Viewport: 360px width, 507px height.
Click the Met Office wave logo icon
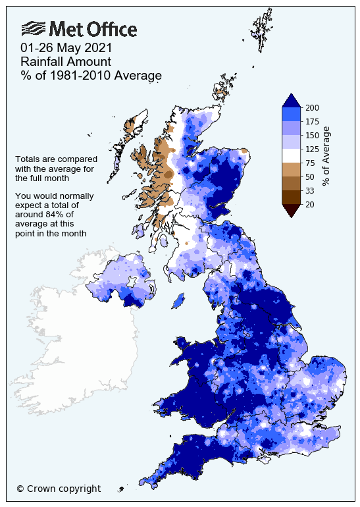tap(33, 28)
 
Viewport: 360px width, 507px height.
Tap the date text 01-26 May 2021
tap(66, 47)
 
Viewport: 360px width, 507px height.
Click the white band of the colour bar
tap(291, 155)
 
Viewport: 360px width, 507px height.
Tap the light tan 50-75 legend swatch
tap(291, 169)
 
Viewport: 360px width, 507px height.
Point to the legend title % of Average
tap(327, 155)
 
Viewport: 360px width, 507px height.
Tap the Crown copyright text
tap(59, 489)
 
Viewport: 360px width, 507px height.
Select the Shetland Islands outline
tap(262, 30)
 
